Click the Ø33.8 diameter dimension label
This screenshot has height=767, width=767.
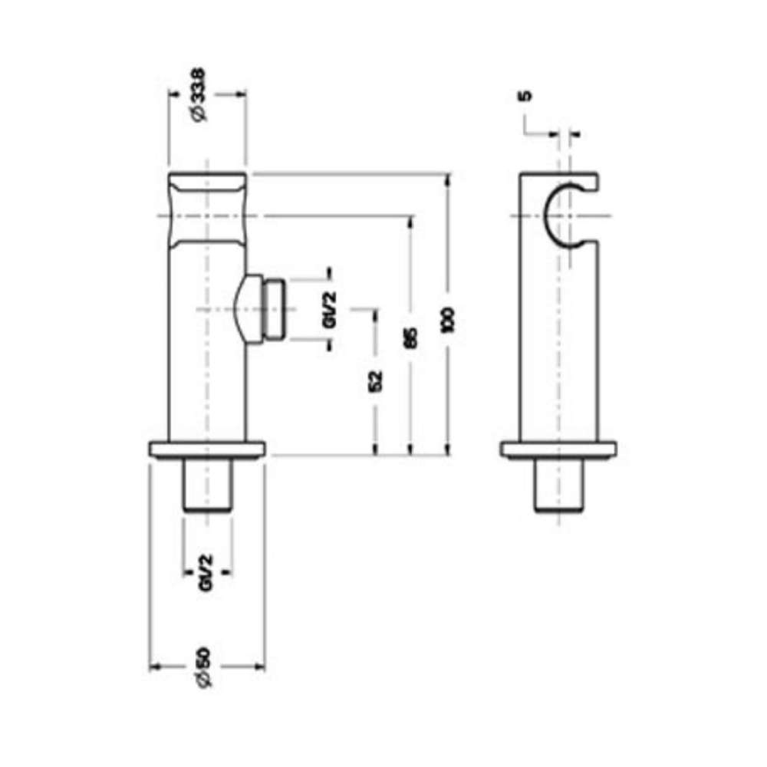tap(198, 94)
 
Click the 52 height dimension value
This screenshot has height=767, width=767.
tap(375, 380)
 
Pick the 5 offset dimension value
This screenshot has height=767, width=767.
tap(525, 97)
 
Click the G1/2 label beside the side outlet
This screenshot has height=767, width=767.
tap(330, 311)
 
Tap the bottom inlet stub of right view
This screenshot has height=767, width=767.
tap(558, 486)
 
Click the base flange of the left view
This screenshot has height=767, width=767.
tap(207, 449)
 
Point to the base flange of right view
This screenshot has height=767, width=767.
tap(558, 450)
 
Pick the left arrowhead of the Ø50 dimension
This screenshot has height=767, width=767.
tap(153, 667)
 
